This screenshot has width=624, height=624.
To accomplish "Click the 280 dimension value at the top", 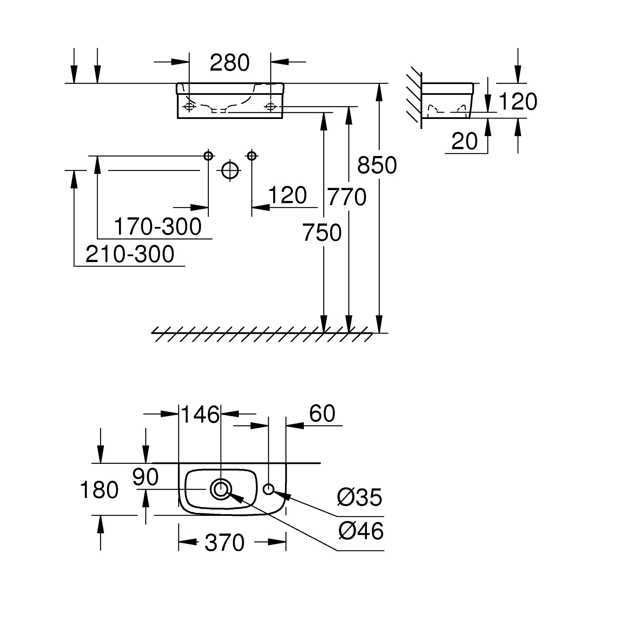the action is (230, 63).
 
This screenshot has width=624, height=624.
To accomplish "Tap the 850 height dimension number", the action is (377, 165).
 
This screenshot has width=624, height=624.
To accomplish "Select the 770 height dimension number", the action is (347, 197).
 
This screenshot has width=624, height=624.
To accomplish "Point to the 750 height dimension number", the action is (322, 233).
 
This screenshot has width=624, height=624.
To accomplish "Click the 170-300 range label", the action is (158, 227).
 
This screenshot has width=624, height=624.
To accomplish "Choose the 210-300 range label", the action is (130, 254).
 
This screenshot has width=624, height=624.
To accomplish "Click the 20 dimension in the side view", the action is (464, 141).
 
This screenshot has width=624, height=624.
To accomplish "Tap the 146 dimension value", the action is (200, 414).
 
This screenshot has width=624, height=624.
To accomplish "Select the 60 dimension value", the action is (322, 414).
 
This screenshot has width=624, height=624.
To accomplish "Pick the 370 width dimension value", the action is (225, 542).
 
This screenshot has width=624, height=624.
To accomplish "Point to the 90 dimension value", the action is (146, 477).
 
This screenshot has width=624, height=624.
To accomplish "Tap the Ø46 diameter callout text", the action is (361, 531).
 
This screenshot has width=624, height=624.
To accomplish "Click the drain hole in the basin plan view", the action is (220, 489).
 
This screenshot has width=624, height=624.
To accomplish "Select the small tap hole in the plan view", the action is (269, 489).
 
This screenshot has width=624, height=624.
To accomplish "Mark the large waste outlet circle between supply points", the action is (230, 170).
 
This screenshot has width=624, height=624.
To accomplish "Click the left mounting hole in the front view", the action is (189, 107).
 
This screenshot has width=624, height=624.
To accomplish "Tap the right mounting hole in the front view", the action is (270, 107).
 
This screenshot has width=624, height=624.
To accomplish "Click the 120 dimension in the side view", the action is (518, 102).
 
